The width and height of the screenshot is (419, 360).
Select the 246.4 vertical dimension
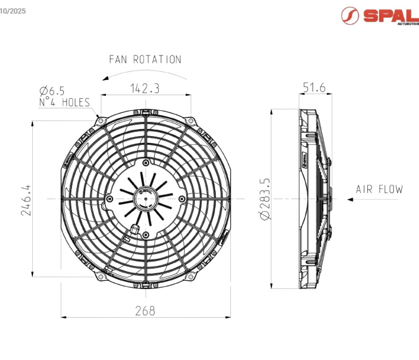[x=26, y=199]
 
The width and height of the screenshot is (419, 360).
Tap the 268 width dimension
[x=145, y=311]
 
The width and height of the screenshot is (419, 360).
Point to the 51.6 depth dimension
[x=314, y=88]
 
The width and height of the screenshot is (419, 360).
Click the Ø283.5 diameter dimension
[x=266, y=199]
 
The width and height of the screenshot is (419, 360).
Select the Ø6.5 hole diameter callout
[x=52, y=91]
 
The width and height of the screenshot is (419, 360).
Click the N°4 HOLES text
[x=64, y=103]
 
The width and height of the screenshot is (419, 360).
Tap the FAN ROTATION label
[x=145, y=59]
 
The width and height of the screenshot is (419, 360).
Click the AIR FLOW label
[x=379, y=189]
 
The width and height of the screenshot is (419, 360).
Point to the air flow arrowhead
[x=350, y=199]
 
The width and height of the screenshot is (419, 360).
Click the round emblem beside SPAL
[x=350, y=16]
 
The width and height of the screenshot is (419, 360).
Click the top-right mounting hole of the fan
[x=190, y=121]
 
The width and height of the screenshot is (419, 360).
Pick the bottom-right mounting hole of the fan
[x=190, y=276]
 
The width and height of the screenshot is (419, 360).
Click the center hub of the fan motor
[x=146, y=199]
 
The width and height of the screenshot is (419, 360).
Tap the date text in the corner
[x=13, y=11]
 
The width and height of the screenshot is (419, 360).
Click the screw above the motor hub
[x=146, y=162]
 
